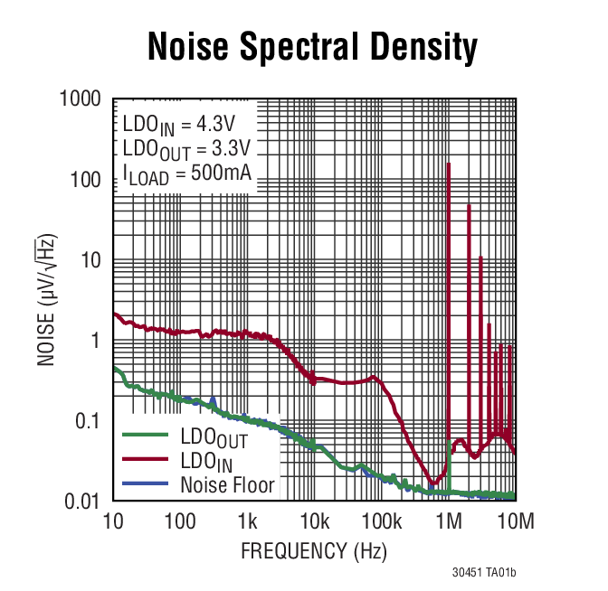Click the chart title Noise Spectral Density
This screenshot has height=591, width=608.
pyautogui.click(x=312, y=47)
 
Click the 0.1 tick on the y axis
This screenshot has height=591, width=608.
pyautogui.click(x=87, y=421)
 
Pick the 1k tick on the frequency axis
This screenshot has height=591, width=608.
pyautogui.click(x=247, y=521)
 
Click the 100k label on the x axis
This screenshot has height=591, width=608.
pyautogui.click(x=381, y=521)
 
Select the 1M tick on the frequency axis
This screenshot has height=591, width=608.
pyautogui.click(x=448, y=521)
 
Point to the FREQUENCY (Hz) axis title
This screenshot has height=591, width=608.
pyautogui.click(x=313, y=550)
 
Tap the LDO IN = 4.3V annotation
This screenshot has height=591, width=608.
pyautogui.click(x=177, y=124)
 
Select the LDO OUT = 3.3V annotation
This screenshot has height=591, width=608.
pyautogui.click(x=186, y=148)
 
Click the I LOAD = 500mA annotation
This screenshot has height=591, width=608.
pyautogui.click(x=186, y=174)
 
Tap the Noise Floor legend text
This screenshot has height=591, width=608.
pyautogui.click(x=227, y=484)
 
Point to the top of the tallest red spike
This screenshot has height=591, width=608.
pyautogui.click(x=449, y=164)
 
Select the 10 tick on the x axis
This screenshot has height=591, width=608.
pyautogui.click(x=113, y=521)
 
